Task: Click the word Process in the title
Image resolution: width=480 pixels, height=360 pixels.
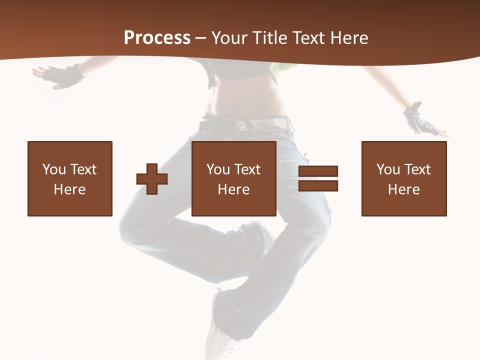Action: click(157, 37)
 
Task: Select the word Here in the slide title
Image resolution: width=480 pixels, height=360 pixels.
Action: click(350, 37)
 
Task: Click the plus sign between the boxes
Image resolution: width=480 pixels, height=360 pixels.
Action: click(152, 179)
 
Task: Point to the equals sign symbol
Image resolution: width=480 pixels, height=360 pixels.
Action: click(318, 178)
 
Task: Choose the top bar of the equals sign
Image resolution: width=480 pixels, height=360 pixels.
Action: click(318, 171)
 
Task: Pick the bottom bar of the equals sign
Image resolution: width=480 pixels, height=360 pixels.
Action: click(318, 186)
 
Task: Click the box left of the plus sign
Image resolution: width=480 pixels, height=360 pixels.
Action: click(70, 178)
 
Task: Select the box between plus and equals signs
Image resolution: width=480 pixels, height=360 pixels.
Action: click(234, 178)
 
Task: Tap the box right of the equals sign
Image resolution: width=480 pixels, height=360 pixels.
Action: click(404, 178)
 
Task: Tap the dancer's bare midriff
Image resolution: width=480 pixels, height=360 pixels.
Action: click(245, 97)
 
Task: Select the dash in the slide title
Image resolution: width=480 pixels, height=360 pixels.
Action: click(201, 38)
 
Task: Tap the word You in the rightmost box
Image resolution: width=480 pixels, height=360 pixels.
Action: click(388, 169)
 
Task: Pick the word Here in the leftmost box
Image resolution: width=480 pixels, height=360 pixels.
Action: click(70, 189)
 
